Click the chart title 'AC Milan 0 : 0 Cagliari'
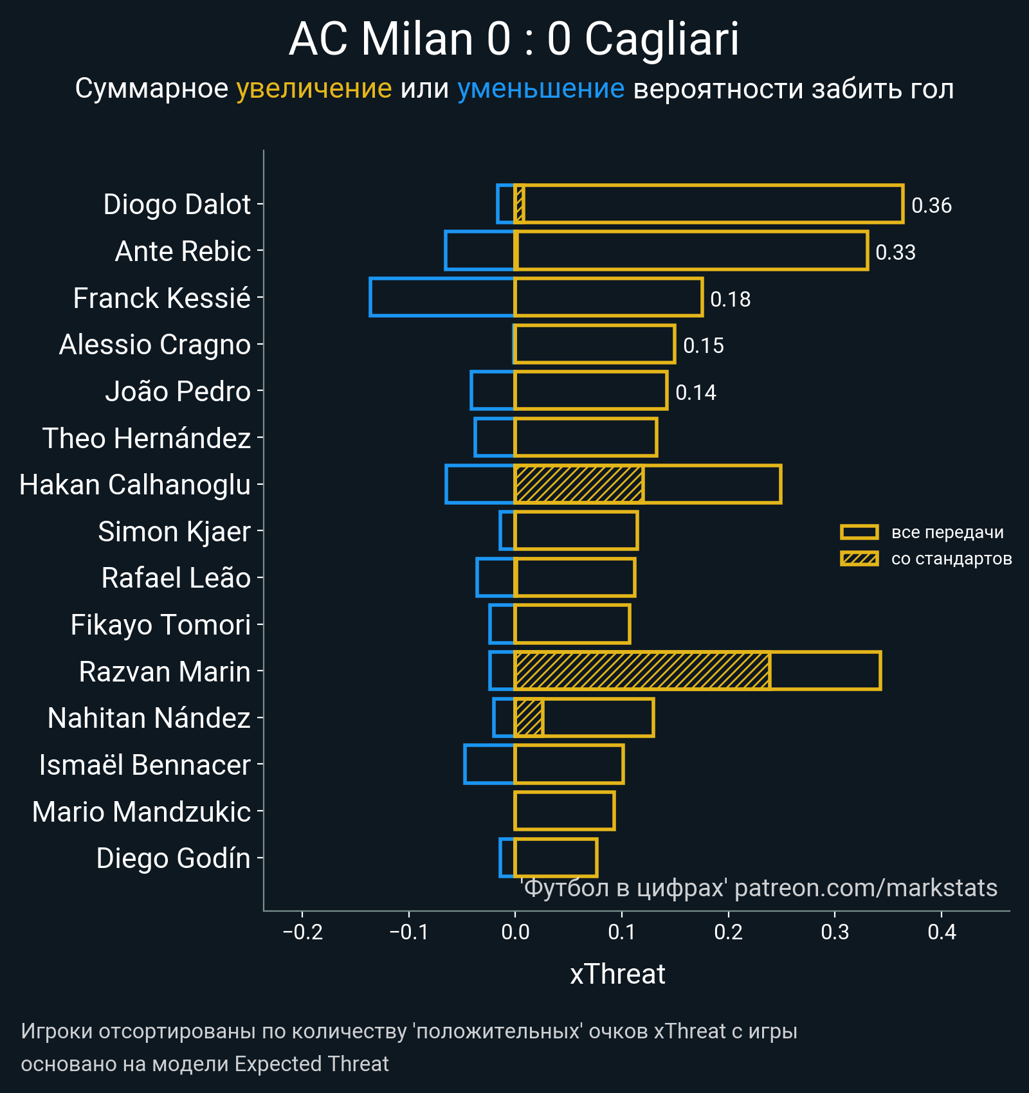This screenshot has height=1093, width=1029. [x=514, y=40]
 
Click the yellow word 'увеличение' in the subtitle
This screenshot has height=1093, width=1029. [x=314, y=89]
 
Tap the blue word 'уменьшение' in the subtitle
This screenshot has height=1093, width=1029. [x=540, y=89]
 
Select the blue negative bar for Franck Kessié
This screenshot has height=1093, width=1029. [x=442, y=297]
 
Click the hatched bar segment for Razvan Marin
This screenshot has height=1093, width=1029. [x=642, y=671]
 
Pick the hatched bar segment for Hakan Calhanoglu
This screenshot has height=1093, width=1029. [x=579, y=484]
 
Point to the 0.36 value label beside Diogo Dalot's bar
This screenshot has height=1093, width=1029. [x=931, y=205]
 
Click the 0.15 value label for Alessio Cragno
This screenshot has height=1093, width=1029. [x=703, y=345]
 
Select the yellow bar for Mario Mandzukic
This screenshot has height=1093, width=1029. [x=565, y=811]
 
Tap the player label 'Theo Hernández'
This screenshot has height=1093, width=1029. [x=147, y=438]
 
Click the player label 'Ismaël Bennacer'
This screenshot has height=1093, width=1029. [x=145, y=765]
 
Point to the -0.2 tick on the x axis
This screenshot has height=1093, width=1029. [x=302, y=932]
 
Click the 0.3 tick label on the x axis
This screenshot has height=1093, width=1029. [x=835, y=932]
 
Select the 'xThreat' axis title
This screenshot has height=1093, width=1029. [x=617, y=974]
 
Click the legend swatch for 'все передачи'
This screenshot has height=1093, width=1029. [x=859, y=532]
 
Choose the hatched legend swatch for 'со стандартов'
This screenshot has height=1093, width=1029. [x=859, y=559]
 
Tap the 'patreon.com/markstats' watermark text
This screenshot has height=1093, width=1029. [x=866, y=888]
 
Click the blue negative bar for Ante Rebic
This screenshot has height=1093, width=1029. [x=480, y=251]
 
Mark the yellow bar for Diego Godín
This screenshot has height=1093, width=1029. [x=556, y=858]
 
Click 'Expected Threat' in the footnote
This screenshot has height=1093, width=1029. [x=311, y=1064]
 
